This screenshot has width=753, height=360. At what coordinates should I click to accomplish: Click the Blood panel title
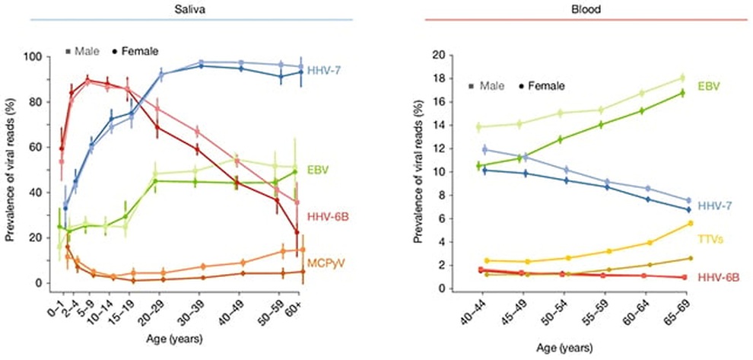tap(578, 6)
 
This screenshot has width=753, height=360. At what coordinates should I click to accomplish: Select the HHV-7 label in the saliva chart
tap(329, 71)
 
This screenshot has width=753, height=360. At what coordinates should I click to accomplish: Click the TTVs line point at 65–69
tap(690, 223)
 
